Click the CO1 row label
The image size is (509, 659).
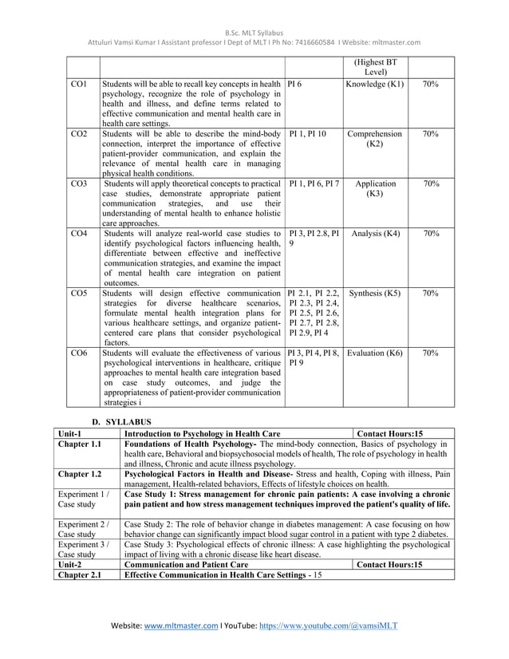pos(78,84)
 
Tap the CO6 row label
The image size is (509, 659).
pos(78,352)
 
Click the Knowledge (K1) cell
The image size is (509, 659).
pos(375,84)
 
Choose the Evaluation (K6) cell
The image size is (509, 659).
pos(375,352)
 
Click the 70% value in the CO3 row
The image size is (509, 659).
pos(431,183)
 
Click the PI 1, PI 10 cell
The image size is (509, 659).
pos(307,133)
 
